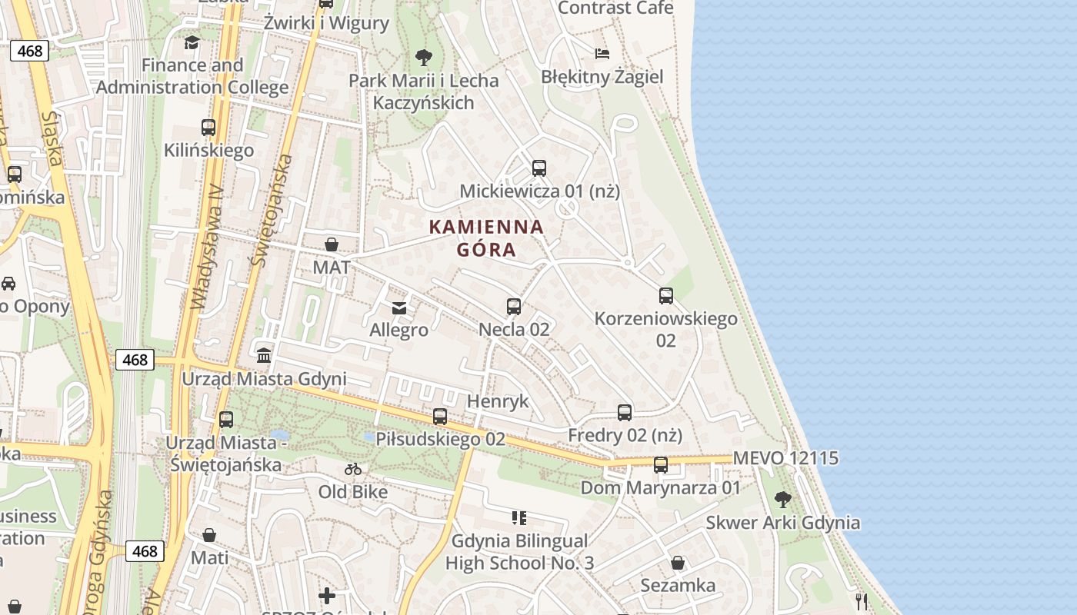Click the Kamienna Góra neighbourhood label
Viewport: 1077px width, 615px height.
point(486,238)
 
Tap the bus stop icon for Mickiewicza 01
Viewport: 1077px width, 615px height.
point(538,168)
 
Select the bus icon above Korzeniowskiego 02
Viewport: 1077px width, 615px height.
point(666,295)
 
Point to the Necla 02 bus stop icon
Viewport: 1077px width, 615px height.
point(514,306)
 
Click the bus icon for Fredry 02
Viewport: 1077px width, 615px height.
point(625,412)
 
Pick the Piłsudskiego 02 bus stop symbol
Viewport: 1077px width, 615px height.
point(440,417)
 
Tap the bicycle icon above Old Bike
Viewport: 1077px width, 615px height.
point(353,469)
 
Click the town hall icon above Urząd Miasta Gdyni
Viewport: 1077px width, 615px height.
point(264,355)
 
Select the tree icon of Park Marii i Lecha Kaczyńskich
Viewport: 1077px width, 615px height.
point(423,57)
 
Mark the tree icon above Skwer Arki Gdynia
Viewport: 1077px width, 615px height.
point(783,500)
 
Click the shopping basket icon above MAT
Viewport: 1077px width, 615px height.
point(332,244)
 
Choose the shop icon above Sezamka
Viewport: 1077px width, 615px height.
point(678,563)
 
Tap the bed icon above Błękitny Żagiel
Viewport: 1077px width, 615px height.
point(602,54)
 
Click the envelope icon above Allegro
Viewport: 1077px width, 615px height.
point(399,308)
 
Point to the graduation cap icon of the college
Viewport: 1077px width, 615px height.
point(192,42)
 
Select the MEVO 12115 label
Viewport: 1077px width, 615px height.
point(785,458)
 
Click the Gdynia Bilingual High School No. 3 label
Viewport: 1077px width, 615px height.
point(519,552)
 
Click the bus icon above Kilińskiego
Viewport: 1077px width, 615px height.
point(208,127)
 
